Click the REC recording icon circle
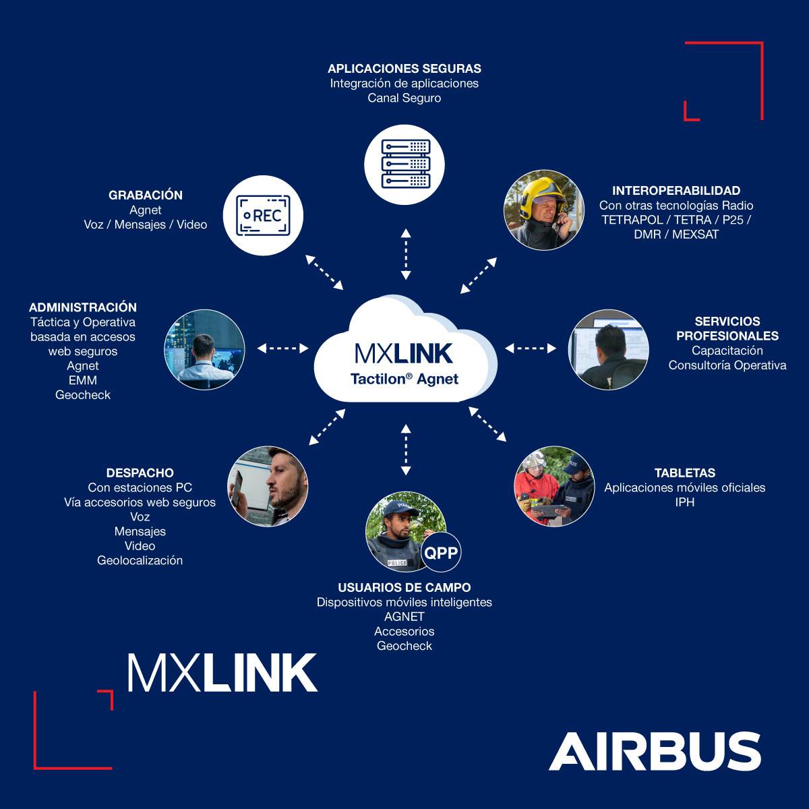(264, 215)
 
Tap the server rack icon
(405, 164)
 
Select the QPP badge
(441, 553)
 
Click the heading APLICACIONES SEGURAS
(404, 69)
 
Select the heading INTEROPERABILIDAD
(676, 191)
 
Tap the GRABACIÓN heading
(146, 196)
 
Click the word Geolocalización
(140, 560)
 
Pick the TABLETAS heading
(685, 473)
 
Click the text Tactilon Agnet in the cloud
(404, 379)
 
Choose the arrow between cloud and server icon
(405, 254)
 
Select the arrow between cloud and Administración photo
(283, 348)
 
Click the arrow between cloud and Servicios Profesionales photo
(531, 348)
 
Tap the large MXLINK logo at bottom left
(222, 672)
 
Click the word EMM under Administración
(83, 380)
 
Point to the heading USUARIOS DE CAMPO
(404, 588)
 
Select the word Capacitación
(727, 351)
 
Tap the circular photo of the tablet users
(555, 486)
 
